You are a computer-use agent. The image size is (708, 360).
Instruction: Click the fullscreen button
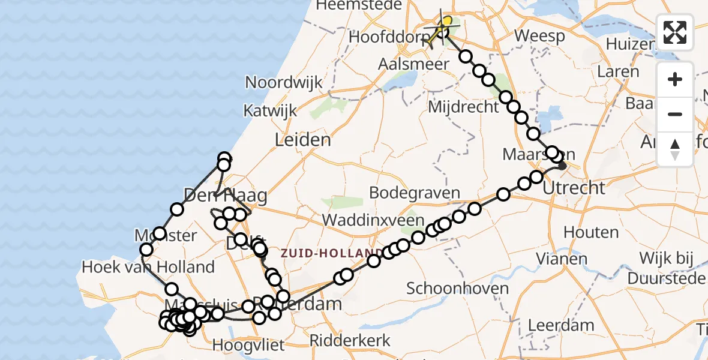[x=675, y=32]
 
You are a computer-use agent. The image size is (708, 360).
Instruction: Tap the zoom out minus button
[x=675, y=114]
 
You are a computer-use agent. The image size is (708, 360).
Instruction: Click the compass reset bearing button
[x=675, y=149]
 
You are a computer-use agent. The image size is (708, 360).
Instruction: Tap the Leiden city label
[x=302, y=140]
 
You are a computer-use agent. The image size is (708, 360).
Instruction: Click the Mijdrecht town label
[x=464, y=107]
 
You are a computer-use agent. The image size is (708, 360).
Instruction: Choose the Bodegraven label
[x=415, y=193]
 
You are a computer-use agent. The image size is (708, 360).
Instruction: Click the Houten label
[x=590, y=232]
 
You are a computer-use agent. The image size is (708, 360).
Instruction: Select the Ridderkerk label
[x=350, y=341]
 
